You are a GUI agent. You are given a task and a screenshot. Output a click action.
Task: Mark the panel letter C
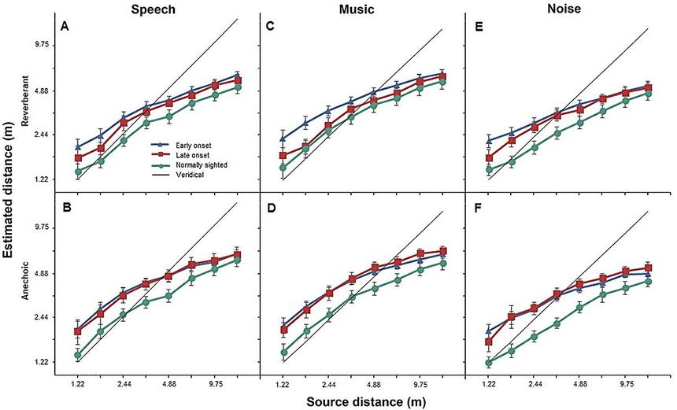268,26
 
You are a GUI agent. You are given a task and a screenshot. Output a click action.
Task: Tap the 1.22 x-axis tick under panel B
77,384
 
